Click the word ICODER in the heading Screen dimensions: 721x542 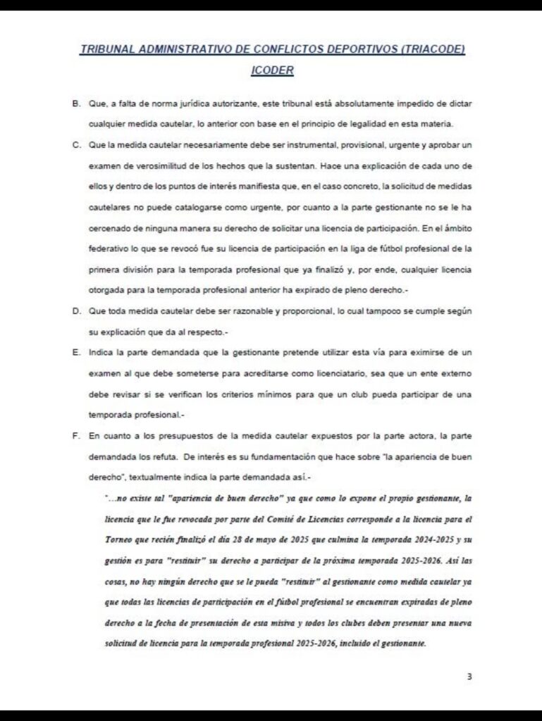(272, 70)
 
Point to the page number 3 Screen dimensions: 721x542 (469, 677)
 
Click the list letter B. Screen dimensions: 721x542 (75, 104)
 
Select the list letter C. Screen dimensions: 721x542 (75, 146)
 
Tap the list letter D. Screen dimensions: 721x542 (75, 311)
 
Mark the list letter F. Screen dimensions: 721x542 (75, 436)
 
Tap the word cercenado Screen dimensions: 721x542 (111, 228)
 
